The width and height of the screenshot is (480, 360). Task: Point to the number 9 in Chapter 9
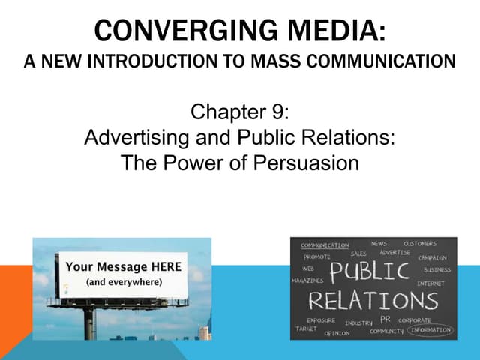(x=280, y=115)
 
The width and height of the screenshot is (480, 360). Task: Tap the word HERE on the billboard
(x=158, y=266)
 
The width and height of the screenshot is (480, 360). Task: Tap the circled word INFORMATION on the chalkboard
(x=430, y=330)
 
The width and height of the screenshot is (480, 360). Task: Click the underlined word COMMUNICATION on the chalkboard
(x=325, y=245)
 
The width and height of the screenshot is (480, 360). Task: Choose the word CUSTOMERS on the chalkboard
(x=419, y=244)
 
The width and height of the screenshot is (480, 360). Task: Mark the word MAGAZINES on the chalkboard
(x=307, y=280)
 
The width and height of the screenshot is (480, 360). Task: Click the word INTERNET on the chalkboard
(x=430, y=283)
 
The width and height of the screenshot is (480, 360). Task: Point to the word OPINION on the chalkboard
(x=337, y=333)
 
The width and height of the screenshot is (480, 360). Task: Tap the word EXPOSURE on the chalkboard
(x=321, y=320)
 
